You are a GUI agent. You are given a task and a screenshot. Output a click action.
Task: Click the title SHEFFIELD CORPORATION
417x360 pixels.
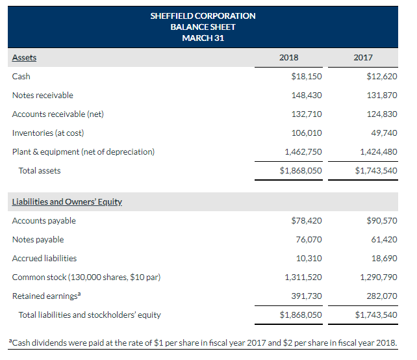point(203,16)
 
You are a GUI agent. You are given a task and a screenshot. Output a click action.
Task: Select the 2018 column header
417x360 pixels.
point(288,57)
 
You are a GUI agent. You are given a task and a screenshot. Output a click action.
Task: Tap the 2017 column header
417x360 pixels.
point(363,57)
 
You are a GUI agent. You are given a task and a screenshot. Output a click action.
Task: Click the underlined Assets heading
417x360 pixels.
point(24,57)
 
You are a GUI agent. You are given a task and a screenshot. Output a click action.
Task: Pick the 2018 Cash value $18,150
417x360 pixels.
point(307,76)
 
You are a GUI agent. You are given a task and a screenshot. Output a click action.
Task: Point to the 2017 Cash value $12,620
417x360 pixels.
point(382,76)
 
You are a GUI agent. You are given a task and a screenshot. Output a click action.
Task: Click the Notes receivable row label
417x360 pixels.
point(43,95)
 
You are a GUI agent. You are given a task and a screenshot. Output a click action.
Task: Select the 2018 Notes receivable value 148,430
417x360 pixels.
point(308,95)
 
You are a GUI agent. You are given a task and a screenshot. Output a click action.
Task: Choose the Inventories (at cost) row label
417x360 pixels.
point(48,133)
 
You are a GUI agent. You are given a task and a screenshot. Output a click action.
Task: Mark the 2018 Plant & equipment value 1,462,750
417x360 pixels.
point(303,151)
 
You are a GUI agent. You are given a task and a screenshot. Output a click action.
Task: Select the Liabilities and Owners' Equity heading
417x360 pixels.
point(67,201)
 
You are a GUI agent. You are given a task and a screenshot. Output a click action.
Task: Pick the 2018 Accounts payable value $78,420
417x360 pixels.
point(307,220)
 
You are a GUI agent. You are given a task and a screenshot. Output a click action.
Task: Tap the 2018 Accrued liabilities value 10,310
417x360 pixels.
point(310,258)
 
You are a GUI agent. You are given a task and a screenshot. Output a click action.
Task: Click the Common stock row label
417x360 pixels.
point(86,277)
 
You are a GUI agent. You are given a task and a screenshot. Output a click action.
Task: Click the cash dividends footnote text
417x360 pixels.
point(208,342)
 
